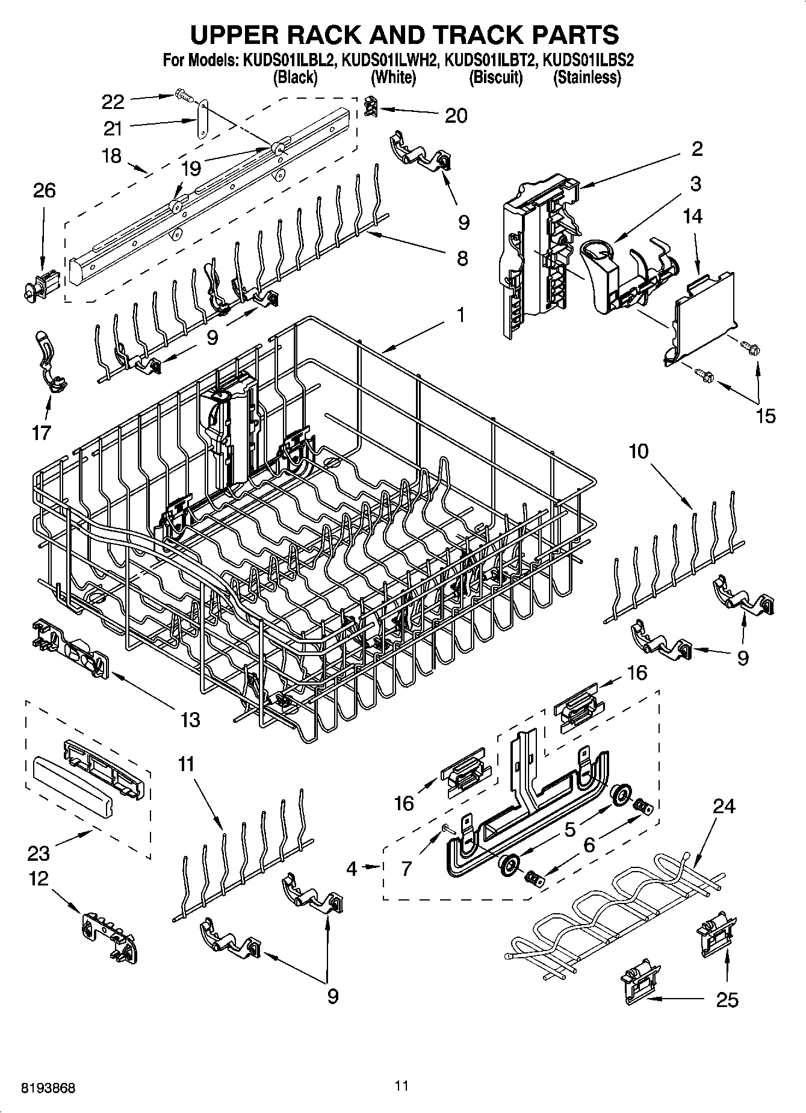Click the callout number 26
click(x=45, y=190)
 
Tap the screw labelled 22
click(x=181, y=95)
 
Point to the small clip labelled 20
click(x=372, y=106)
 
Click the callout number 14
click(x=693, y=216)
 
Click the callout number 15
click(x=766, y=416)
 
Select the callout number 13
click(x=190, y=719)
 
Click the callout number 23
click(x=38, y=853)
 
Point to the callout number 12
click(x=38, y=879)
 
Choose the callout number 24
click(x=724, y=806)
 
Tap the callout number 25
click(x=727, y=1000)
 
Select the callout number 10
click(x=639, y=451)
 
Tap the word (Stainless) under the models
click(x=587, y=78)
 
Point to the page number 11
click(x=402, y=1086)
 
